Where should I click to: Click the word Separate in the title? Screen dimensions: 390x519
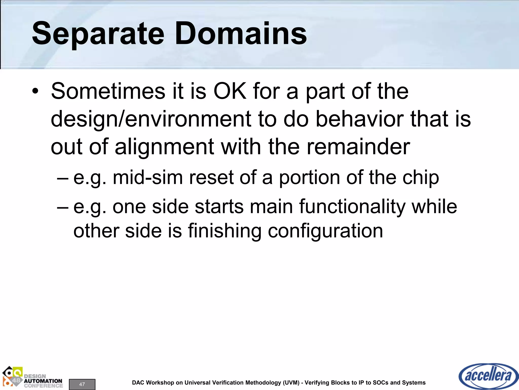98,34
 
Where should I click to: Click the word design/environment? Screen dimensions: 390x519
151,119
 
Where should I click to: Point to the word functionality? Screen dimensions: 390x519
353,206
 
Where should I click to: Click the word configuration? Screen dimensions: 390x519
325,231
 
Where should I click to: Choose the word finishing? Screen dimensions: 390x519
225,231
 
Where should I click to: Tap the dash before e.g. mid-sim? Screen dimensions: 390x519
63,178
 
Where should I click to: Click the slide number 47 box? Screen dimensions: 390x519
82,384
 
